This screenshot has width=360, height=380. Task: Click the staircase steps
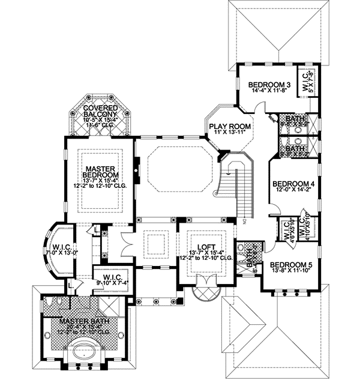point(242,192)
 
